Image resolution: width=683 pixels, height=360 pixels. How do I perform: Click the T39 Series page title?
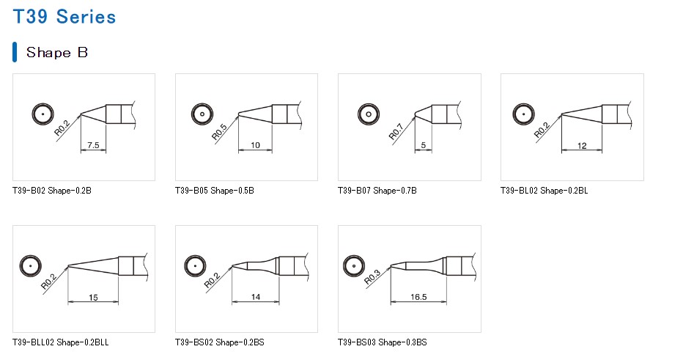64,16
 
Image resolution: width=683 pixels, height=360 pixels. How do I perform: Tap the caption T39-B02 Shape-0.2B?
51,191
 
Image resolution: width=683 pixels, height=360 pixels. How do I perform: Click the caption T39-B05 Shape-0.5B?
214,191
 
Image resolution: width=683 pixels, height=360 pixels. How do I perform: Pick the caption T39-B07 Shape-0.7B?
377,191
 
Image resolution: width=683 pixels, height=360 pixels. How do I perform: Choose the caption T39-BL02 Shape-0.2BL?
544,191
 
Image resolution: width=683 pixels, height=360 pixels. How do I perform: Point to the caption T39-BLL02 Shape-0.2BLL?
60,342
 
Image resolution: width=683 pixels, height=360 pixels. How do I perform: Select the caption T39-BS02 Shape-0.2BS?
220,342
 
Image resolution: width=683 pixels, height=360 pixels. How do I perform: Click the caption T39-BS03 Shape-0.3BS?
382,342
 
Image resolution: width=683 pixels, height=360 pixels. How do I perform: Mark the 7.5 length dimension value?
94,145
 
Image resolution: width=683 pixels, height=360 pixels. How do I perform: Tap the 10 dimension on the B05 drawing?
255,145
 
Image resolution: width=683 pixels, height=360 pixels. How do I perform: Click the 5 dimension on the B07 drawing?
423,145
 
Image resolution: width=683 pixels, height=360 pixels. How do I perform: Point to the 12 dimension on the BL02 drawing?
582,145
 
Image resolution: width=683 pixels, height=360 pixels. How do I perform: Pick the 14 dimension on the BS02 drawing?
255,297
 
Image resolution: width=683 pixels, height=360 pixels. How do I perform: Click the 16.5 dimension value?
418,297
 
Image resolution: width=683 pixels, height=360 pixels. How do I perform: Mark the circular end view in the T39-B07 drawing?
368,114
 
